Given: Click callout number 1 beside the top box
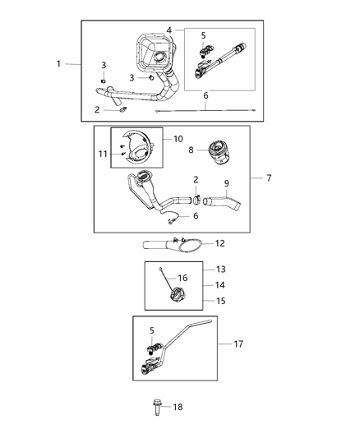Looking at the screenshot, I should [x=58, y=63].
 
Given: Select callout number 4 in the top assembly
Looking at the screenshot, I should [x=168, y=30].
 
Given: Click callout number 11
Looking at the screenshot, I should [x=103, y=154].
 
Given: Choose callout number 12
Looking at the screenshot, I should [x=219, y=242].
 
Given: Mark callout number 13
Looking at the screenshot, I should [x=219, y=269].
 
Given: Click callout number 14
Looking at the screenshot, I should [x=219, y=284].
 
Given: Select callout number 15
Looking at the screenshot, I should [x=219, y=301].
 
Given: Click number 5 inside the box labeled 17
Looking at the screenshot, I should [x=151, y=330].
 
